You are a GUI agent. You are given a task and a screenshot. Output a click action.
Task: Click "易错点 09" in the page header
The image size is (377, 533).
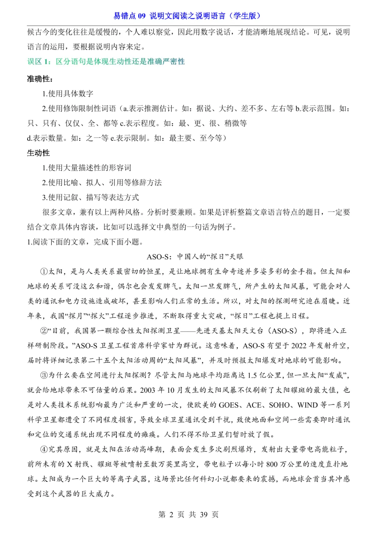tap(129, 16)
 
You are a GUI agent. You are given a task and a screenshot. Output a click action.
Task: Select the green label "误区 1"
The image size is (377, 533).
tap(39, 62)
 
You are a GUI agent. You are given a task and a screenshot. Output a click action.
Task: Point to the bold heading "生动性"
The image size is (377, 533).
tap(38, 153)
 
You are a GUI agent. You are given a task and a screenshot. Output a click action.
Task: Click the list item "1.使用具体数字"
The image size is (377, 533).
tap(68, 94)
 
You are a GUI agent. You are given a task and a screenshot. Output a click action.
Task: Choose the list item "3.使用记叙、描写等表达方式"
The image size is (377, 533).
tap(90, 198)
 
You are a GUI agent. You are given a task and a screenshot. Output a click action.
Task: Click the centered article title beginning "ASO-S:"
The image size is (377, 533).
tap(195, 257)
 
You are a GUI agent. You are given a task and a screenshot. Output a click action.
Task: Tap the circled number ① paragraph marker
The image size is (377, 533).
tap(44, 272)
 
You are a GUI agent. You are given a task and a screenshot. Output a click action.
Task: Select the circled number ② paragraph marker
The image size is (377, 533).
tap(44, 331)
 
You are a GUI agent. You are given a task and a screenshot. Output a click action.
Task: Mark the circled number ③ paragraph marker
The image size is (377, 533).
tap(44, 376)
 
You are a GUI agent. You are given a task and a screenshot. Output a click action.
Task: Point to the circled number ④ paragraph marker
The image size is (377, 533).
tap(44, 450)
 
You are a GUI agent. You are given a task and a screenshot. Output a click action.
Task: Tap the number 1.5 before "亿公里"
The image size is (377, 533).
tap(253, 376)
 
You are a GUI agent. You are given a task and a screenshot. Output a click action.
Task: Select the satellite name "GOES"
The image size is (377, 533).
tap(229, 405)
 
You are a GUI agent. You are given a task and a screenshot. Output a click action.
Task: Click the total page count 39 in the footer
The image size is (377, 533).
tap(204, 515)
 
